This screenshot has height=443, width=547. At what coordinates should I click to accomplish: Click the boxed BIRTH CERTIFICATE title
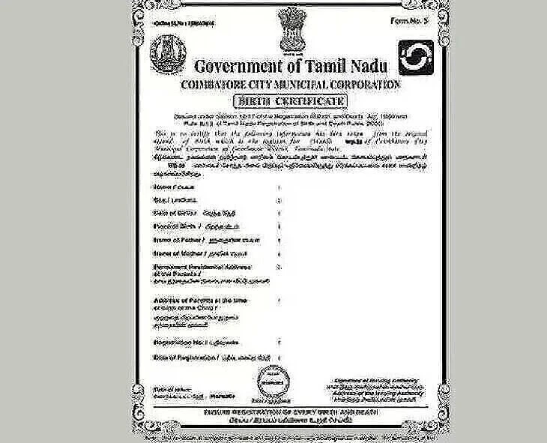tap(289, 100)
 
